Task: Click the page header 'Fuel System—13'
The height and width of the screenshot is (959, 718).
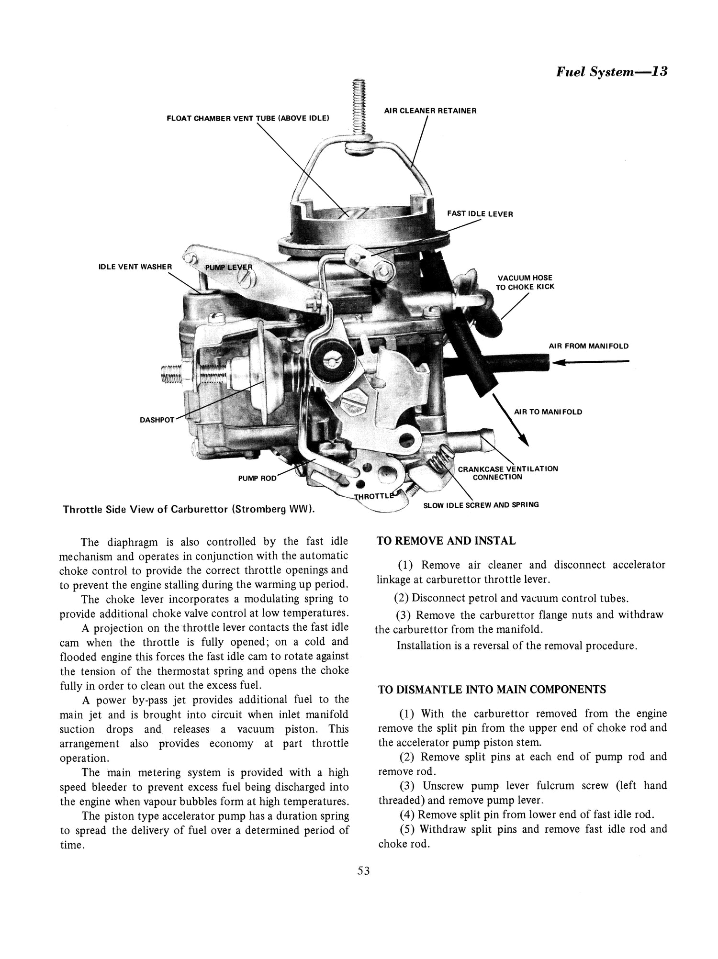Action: (x=611, y=72)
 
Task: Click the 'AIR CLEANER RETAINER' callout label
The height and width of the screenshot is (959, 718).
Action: (x=430, y=111)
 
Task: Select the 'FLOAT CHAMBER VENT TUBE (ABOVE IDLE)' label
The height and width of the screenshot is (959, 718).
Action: (x=247, y=118)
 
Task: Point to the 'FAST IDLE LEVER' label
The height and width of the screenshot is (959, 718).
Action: (x=480, y=214)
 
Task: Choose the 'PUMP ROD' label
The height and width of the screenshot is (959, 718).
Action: (x=257, y=478)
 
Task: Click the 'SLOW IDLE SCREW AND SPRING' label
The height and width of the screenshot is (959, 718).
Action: (x=481, y=505)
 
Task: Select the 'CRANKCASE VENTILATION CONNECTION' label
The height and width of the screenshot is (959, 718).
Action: (x=507, y=472)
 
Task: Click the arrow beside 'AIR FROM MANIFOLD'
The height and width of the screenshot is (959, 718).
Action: (x=589, y=363)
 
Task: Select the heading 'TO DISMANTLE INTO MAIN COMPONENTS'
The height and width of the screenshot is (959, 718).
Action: (x=492, y=690)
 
